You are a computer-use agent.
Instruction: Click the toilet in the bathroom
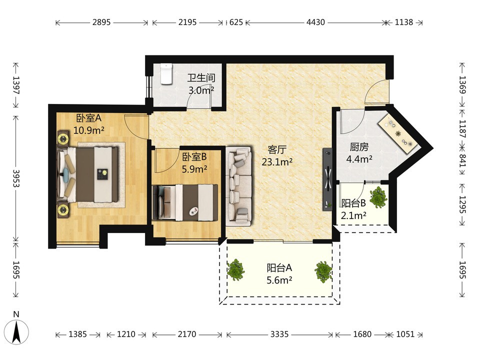coord(166,74)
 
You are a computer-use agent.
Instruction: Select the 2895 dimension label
coord(101,22)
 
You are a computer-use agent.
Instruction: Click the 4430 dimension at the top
coord(315,22)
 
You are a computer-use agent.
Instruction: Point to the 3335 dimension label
coord(279,334)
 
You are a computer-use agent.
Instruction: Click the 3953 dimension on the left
coord(16,178)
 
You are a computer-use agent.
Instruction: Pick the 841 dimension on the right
coord(462,160)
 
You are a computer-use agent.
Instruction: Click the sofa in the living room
coord(239,186)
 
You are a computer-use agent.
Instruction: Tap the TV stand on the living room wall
coord(327,179)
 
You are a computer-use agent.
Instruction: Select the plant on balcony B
coord(378,197)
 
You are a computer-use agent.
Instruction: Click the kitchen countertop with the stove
coord(398,134)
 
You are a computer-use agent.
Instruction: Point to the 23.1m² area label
coord(277,161)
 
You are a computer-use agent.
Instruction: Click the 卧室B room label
coord(194,157)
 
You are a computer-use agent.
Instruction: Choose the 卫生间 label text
coord(201,78)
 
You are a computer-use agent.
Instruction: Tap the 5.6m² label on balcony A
coord(279,280)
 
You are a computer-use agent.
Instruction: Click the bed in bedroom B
coord(185,202)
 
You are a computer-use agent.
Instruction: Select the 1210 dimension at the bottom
coord(126,334)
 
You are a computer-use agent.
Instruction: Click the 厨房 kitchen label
coord(359,147)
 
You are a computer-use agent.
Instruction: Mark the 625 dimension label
coord(235,22)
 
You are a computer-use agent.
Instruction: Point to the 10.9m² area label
coord(89,130)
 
